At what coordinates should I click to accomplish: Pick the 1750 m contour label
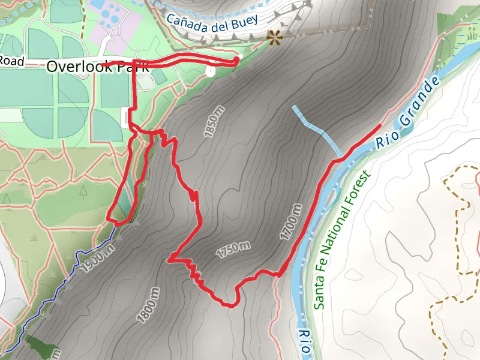pos(233,248)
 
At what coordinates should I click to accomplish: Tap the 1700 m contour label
pos(290,222)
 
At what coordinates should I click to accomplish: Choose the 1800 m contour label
pos(151,304)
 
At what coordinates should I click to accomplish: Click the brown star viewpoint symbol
pos(275,39)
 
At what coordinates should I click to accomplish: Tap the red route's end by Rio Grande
pos(380,125)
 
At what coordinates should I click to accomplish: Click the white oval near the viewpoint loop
pos(210,71)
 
